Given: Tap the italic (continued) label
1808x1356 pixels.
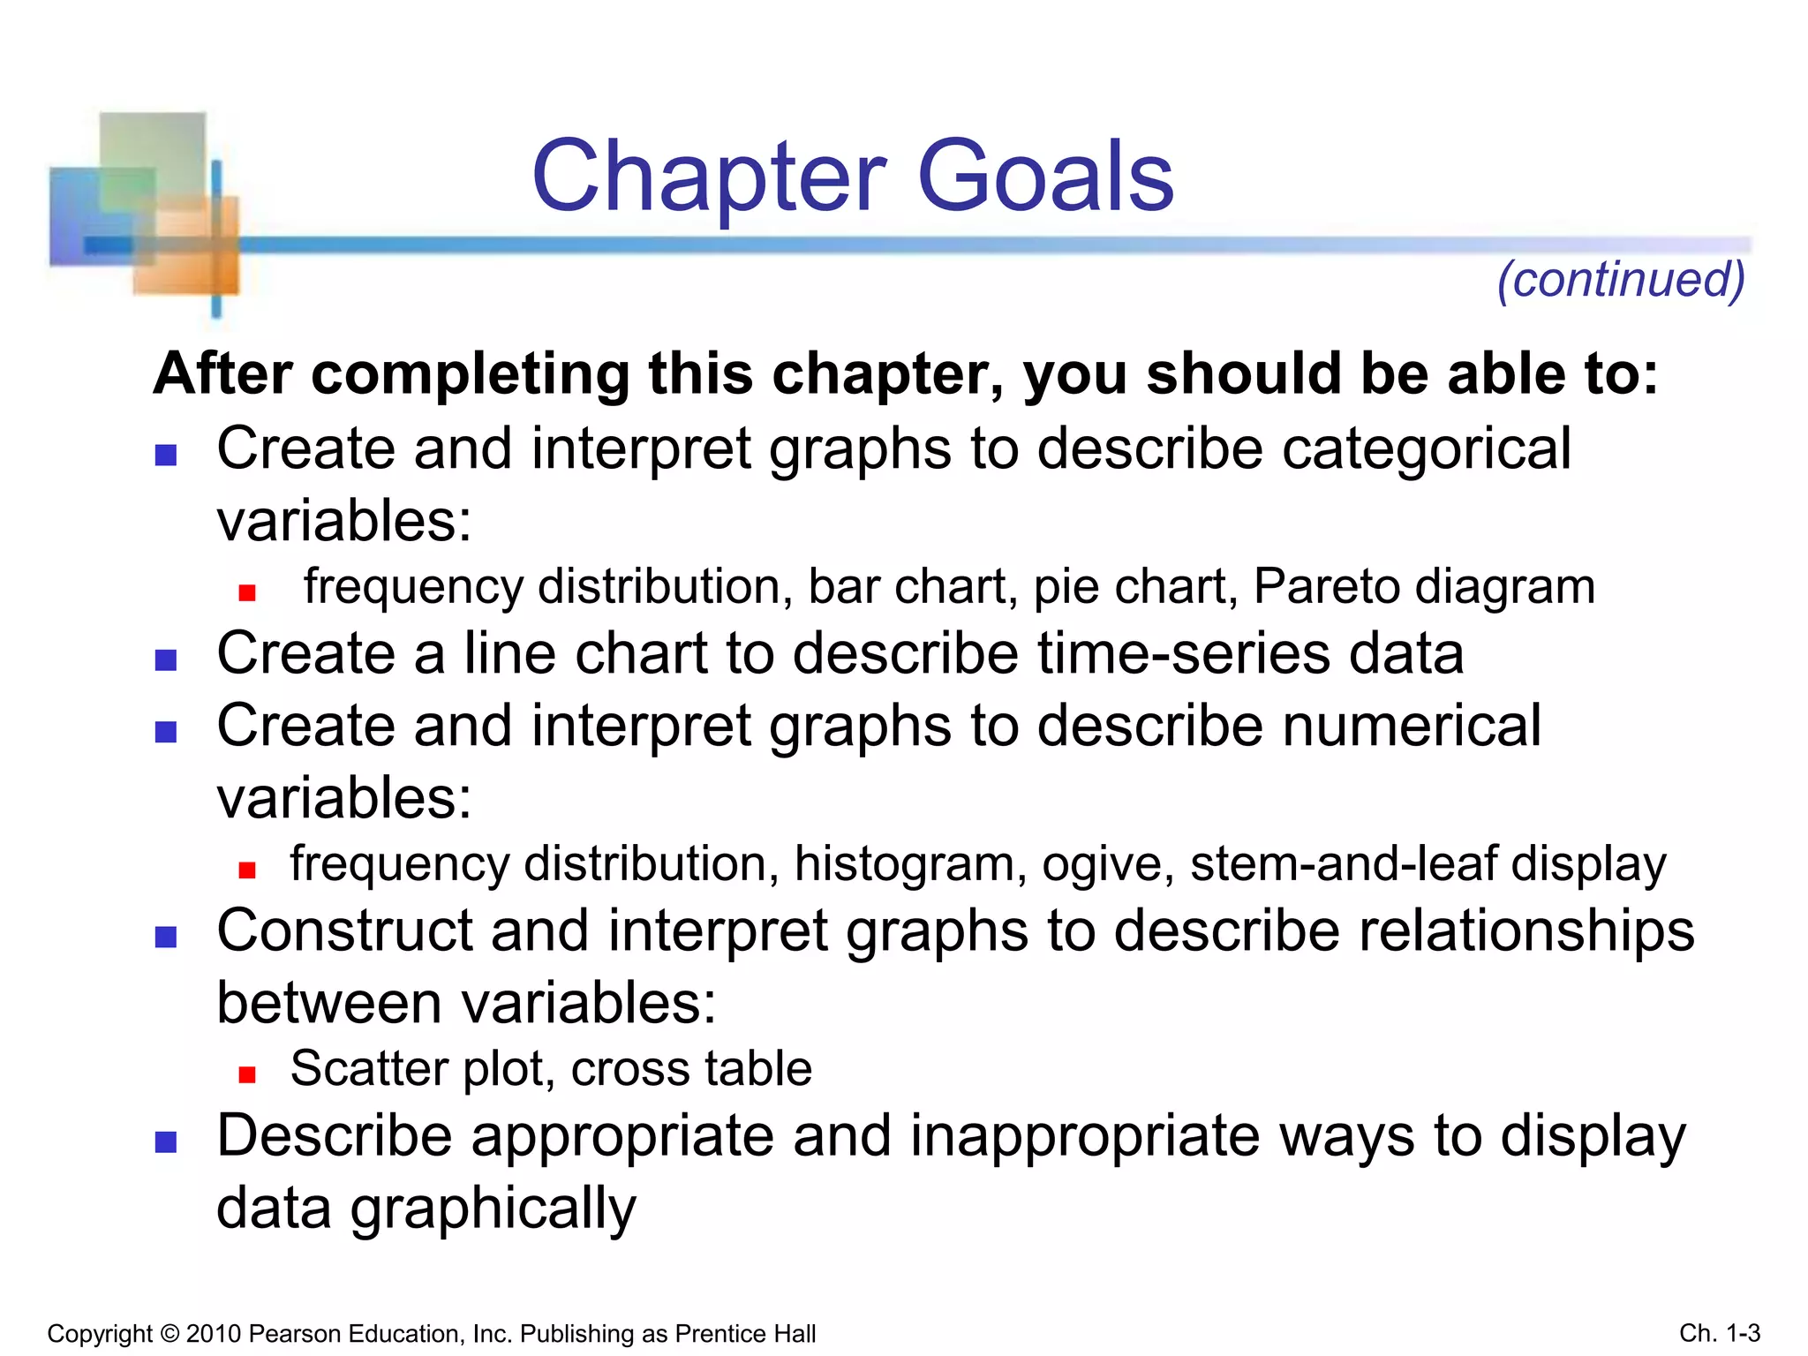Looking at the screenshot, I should pos(1621,280).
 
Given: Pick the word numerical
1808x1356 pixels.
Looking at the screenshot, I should pos(1411,726).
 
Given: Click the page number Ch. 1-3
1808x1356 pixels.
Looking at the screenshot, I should pos(1720,1333).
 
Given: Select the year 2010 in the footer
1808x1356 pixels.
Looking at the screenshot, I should pos(214,1334).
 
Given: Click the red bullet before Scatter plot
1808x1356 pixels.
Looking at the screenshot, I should pos(247,1074).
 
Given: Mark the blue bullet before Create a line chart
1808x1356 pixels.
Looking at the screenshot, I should pos(166,660).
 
